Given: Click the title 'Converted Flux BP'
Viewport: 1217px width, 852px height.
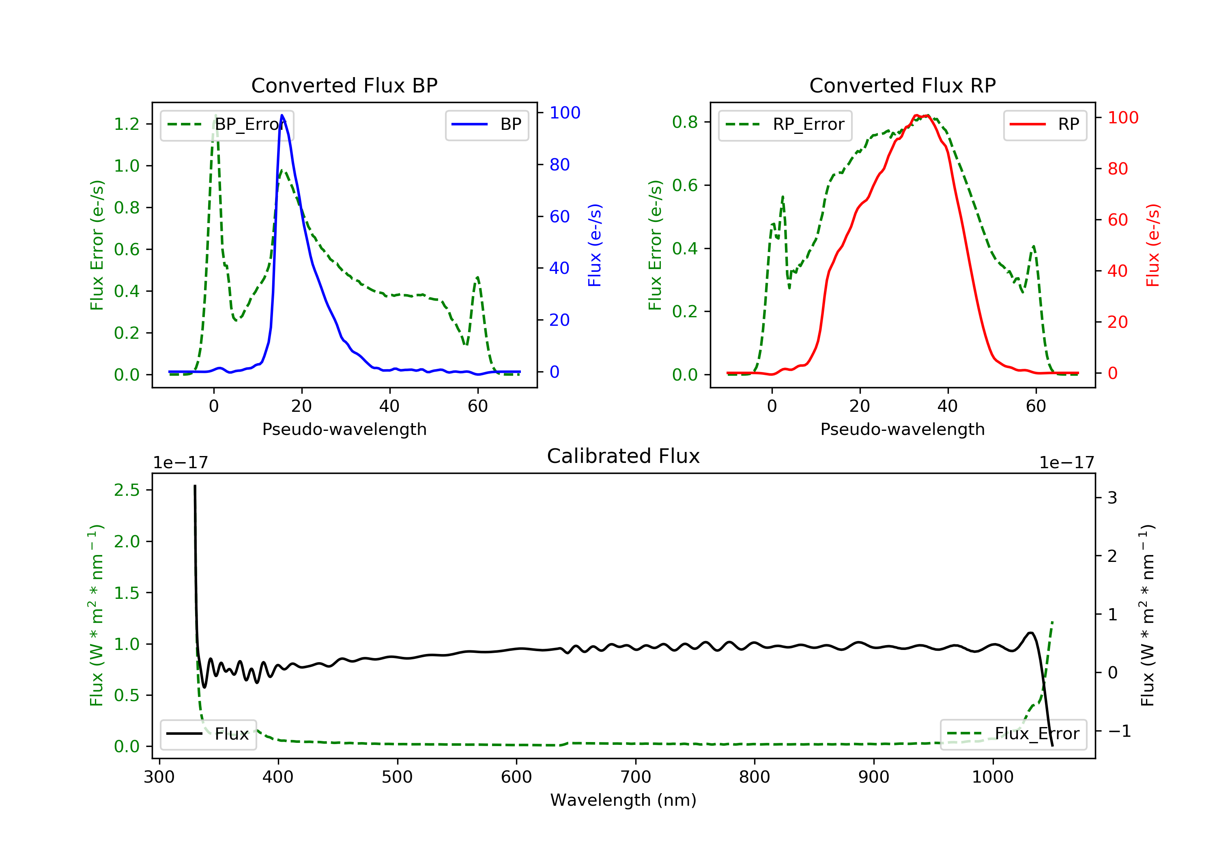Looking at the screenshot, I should [344, 85].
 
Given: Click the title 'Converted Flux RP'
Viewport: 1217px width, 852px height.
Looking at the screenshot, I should [902, 85].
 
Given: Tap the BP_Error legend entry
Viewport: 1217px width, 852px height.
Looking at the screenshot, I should [227, 125].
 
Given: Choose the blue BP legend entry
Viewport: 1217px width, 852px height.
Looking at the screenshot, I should [486, 125].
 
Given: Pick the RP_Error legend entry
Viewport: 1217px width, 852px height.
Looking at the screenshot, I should [785, 125].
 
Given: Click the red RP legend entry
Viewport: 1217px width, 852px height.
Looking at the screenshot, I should [1044, 125].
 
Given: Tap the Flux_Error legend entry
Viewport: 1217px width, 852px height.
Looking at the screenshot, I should [1013, 734].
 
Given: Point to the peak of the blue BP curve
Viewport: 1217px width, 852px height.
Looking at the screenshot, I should [282, 115].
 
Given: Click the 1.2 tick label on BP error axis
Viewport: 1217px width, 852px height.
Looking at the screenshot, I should [127, 124].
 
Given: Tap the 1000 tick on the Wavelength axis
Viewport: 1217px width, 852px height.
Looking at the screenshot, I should [992, 777].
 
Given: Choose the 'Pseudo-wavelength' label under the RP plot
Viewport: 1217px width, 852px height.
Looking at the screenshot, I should [902, 429].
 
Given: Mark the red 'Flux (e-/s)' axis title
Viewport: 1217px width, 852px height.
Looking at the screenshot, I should [1152, 245].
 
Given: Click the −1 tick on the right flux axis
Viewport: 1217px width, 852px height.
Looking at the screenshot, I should [1119, 732].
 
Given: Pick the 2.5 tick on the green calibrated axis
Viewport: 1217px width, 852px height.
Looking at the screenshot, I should [127, 491].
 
